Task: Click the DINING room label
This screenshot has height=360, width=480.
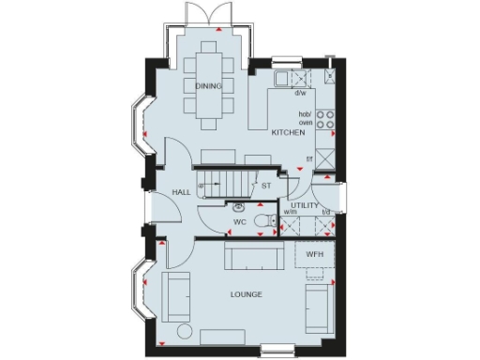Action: coord(209,87)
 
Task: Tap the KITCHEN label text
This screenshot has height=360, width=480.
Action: coord(289,134)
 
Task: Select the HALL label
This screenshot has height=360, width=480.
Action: coord(181,191)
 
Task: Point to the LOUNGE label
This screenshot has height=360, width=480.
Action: coord(246,294)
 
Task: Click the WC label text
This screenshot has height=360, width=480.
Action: coord(239,222)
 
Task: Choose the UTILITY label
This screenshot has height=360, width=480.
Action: coord(305,204)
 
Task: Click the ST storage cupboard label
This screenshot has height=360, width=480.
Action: coord(266,186)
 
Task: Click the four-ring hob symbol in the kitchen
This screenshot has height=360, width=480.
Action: coord(325,119)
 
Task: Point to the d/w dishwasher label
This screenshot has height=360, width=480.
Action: coord(301,93)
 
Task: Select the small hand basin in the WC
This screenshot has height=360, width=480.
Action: coord(240,207)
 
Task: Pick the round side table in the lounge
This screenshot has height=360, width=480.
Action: coord(185,335)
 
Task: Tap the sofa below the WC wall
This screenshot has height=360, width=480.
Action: coord(254,254)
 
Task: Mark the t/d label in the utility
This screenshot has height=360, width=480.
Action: coord(326,213)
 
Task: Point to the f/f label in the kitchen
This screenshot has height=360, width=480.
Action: coord(309,158)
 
